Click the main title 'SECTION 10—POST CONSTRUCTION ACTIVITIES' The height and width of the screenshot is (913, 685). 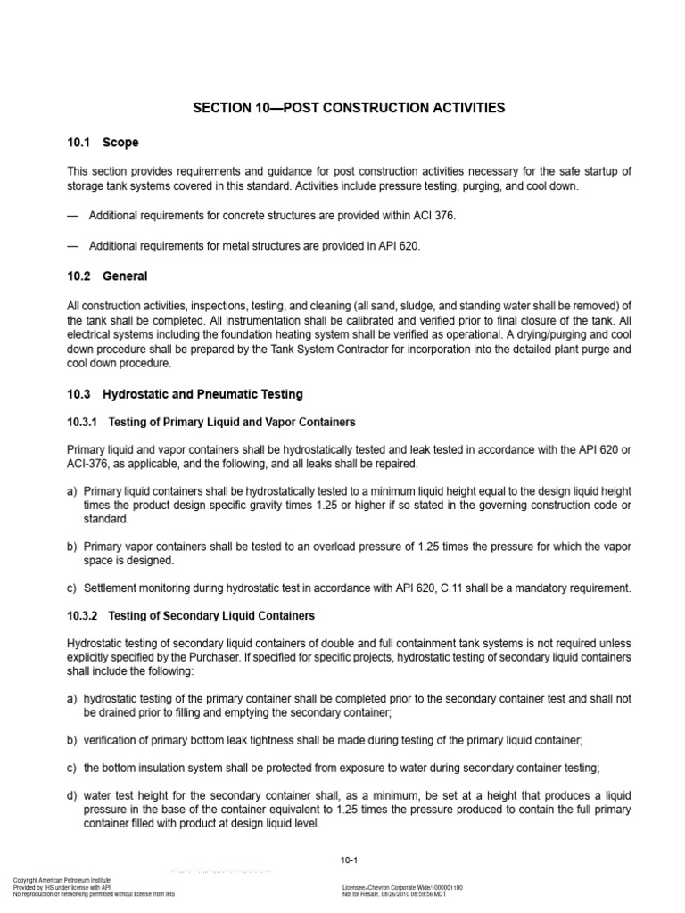(349, 108)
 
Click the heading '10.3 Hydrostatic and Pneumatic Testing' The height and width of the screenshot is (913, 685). (185, 394)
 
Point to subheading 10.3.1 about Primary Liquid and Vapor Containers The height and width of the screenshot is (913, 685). (211, 422)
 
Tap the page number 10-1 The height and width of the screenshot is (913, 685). (349, 860)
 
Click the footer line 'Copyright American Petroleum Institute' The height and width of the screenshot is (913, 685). (59, 881)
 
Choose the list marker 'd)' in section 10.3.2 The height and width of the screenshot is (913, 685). (72, 795)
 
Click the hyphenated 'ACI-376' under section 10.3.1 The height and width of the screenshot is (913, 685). (88, 465)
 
